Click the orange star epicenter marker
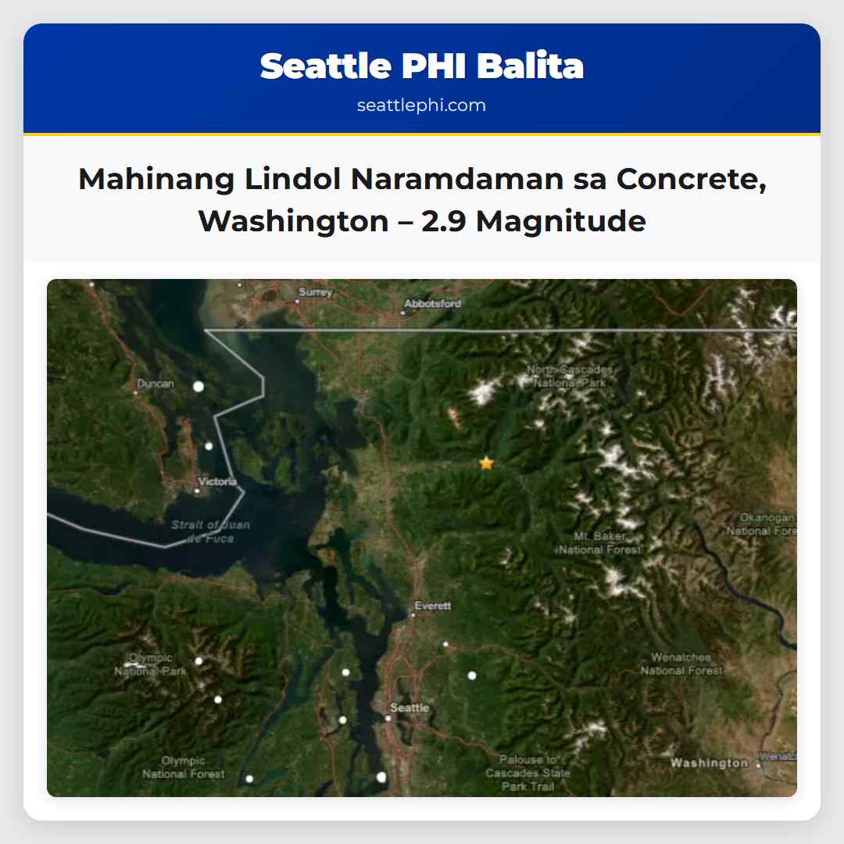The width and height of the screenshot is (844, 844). [486, 463]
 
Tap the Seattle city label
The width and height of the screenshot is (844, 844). [409, 708]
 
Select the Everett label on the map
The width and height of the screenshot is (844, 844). [433, 606]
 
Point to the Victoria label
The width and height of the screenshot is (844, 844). [217, 481]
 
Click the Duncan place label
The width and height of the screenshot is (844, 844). [156, 384]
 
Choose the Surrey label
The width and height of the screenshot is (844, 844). [315, 292]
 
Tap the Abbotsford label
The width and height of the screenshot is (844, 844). [432, 303]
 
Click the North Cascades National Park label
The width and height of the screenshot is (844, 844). [570, 376]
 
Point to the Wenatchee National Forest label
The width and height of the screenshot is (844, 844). [682, 664]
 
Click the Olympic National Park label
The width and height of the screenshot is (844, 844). [151, 664]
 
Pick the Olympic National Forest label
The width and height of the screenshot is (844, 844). [184, 767]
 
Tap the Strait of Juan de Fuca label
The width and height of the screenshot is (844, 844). [211, 531]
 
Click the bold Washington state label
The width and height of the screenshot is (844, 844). [709, 763]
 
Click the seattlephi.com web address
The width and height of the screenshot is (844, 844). [421, 105]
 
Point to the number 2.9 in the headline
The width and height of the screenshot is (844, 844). [445, 221]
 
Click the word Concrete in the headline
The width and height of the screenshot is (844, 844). [687, 180]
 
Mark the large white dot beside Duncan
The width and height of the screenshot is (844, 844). [198, 386]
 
